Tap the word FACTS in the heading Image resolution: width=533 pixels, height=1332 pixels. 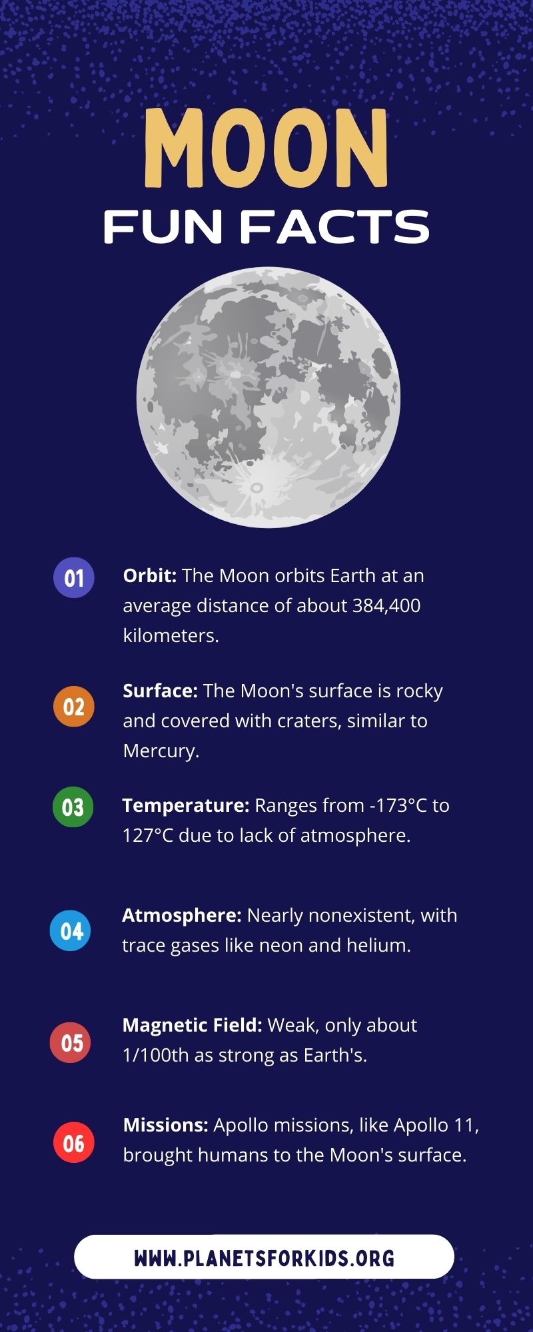334,227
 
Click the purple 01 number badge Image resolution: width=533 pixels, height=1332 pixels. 74,577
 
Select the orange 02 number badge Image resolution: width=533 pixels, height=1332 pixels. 74,707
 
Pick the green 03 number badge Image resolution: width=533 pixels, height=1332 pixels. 73,807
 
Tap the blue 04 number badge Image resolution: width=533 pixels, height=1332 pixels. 71,930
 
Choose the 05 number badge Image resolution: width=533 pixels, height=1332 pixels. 71,1042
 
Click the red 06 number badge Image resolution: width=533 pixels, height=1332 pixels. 74,1143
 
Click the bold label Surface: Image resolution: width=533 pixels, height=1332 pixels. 160,691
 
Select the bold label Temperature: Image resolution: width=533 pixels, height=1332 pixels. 185,805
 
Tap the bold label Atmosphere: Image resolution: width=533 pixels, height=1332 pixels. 181,915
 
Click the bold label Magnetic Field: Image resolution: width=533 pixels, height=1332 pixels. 192,1025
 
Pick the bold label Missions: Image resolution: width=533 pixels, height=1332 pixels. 166,1125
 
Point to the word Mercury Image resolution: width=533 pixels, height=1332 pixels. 161,751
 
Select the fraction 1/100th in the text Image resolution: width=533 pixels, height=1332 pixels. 156,1055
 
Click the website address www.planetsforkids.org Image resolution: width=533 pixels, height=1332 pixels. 264,1258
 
